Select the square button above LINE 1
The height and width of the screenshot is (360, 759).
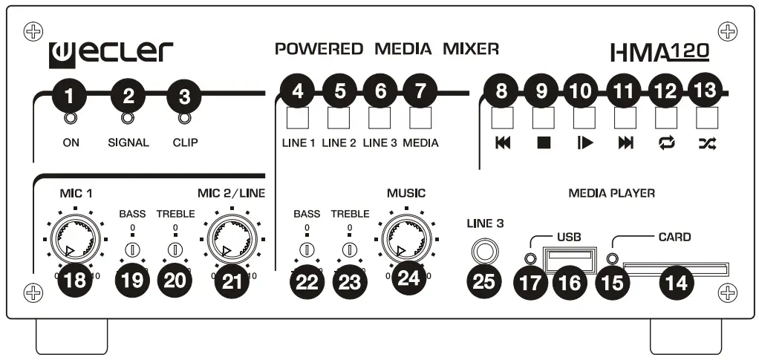click(x=296, y=118)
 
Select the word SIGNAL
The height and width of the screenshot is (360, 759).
click(x=128, y=143)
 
